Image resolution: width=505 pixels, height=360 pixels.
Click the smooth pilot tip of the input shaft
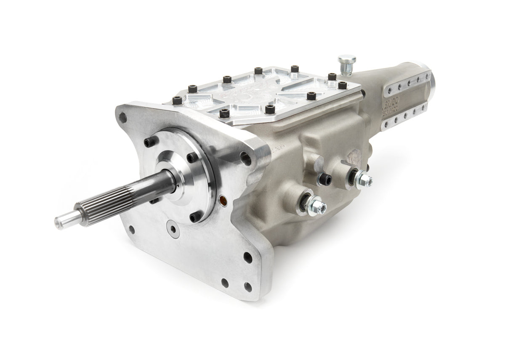(x=63, y=220)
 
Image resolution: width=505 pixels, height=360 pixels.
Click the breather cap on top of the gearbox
(x=347, y=60)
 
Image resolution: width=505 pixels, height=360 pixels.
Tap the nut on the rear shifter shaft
(x=361, y=177)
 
